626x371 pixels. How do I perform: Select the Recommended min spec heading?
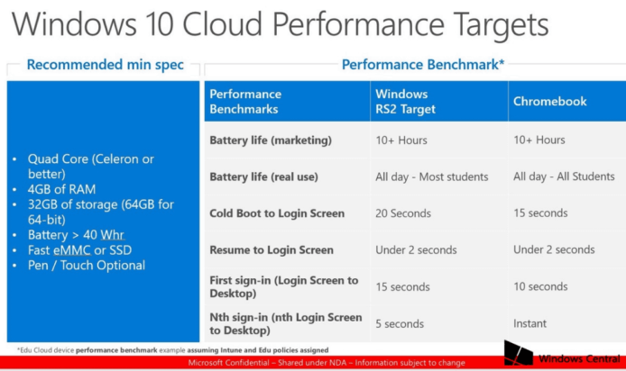[106, 65]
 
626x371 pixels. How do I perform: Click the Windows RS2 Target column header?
[405, 101]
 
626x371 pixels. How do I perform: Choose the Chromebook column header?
[549, 101]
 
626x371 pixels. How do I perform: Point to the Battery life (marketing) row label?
[271, 140]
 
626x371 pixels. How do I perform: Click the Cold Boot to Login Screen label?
[277, 213]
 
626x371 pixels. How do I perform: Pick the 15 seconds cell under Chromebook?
[540, 213]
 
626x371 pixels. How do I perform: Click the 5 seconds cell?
[399, 323]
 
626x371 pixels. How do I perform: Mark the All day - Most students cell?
[431, 177]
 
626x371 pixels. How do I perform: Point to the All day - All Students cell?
[564, 177]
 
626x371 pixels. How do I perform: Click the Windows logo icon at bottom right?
[519, 352]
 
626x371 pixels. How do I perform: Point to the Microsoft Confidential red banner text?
[326, 363]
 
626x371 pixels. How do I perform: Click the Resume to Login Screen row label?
[272, 250]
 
